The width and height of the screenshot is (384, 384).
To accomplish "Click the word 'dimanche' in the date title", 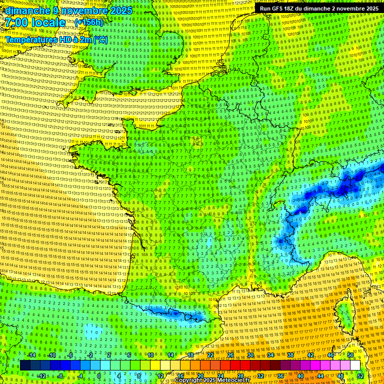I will (x=27, y=10).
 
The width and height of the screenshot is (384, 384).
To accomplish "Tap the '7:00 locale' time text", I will (x=35, y=22).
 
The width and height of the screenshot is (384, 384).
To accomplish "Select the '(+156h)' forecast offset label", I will (x=88, y=22).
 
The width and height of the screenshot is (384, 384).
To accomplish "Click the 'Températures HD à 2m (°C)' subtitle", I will (x=56, y=39).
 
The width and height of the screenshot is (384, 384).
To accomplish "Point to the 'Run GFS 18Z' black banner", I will (x=318, y=8).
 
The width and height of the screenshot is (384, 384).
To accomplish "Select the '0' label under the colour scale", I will (x=99, y=375).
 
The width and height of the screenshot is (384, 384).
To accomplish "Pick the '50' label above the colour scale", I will (x=350, y=355).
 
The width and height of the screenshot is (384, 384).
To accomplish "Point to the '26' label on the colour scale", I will (x=230, y=355).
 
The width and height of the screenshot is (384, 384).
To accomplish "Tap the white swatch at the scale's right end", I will (x=355, y=365).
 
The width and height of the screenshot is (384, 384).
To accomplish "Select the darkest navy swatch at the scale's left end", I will (x=25, y=365).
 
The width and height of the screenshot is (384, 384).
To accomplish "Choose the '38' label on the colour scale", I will (x=290, y=355).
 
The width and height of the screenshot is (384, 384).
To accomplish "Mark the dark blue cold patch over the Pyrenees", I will (x=175, y=313).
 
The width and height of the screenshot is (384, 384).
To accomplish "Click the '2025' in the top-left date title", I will (x=121, y=10).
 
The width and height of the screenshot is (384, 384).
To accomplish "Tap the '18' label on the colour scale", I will (x=190, y=355).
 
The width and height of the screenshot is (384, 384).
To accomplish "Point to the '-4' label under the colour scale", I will (x=79, y=375).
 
